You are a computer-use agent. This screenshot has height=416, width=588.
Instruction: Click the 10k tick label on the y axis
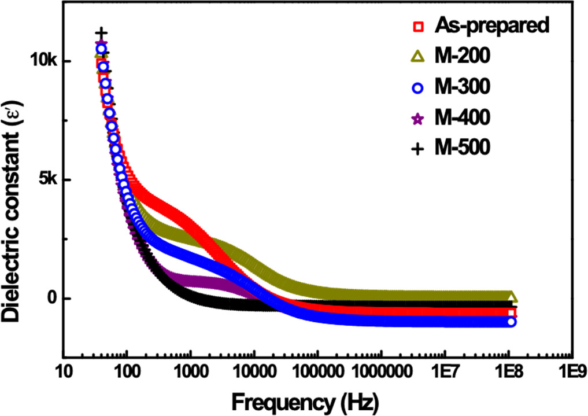42,61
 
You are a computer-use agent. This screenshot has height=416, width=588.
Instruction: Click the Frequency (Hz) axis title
313,400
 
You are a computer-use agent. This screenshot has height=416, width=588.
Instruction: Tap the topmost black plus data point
101,32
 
